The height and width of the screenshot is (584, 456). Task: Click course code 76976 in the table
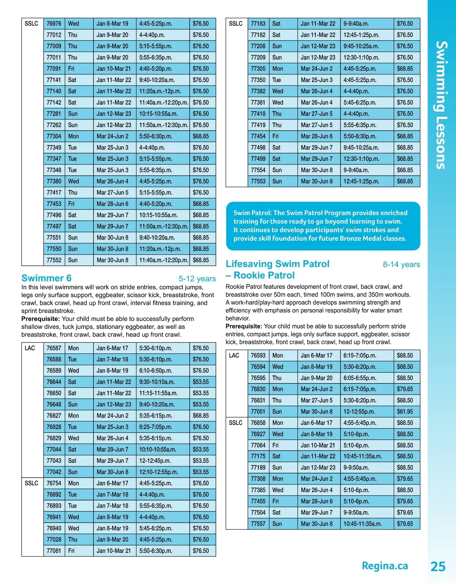[x=54, y=24]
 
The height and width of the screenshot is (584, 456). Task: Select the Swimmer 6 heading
[x=46, y=278]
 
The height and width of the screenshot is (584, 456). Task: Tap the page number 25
[x=438, y=566]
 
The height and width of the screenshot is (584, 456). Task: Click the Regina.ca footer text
[x=385, y=566]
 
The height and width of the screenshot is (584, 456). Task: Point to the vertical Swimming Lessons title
[x=441, y=105]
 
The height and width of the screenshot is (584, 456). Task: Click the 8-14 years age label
[x=401, y=265]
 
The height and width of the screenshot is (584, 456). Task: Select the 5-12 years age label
[x=197, y=279]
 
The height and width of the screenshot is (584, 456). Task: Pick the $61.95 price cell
[x=405, y=412]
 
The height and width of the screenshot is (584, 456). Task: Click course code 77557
[x=258, y=524]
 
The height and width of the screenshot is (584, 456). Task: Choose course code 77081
[x=54, y=551]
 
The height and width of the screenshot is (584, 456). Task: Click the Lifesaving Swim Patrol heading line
[x=277, y=264]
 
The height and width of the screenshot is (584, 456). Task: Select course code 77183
[x=258, y=24]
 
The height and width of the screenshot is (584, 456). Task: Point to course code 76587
[x=54, y=348]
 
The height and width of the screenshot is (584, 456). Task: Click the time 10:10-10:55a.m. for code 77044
[x=158, y=450]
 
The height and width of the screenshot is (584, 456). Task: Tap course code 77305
[x=258, y=69]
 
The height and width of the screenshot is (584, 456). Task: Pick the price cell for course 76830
[x=405, y=389]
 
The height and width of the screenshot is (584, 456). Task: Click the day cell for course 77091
[x=71, y=69]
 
